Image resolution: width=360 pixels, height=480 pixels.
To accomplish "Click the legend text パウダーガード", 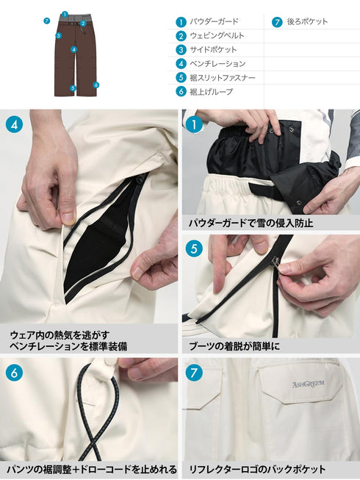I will click(213, 22).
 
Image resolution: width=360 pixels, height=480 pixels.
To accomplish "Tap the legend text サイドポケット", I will click(213, 49).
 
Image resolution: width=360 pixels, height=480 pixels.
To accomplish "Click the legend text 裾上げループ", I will click(210, 91).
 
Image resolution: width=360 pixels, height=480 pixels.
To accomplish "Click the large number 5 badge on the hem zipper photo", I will click(195, 248).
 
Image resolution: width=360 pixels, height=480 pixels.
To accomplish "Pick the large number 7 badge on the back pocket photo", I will click(195, 373).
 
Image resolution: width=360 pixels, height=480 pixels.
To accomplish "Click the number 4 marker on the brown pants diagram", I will click(74, 50).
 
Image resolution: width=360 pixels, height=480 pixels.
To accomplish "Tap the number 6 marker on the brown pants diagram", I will click(96, 85).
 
